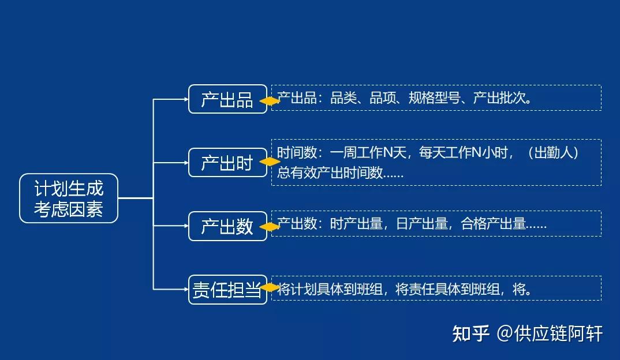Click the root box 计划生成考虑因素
click(x=69, y=198)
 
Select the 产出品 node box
click(x=227, y=99)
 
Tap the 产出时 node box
click(x=227, y=163)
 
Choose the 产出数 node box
click(x=227, y=226)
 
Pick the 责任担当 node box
click(x=227, y=290)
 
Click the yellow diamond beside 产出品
click(x=270, y=101)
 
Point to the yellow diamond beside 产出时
click(x=270, y=162)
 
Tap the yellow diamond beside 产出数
click(x=270, y=227)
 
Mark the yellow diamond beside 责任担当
click(x=270, y=287)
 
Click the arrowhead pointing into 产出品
click(x=186, y=99)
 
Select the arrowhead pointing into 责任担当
click(x=186, y=289)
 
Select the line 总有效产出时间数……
click(x=340, y=172)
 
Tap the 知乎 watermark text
click(x=471, y=333)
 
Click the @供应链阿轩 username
click(x=550, y=333)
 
